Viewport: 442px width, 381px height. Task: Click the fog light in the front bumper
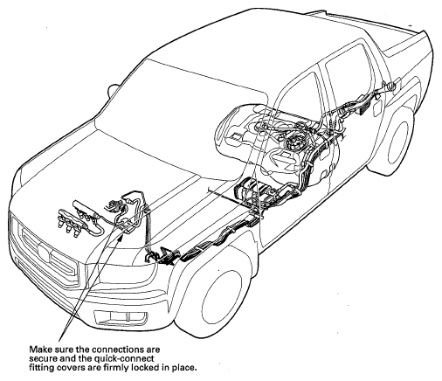tap(121, 316)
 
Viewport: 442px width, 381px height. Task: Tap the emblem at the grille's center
tap(45, 250)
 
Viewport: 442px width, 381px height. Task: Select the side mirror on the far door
tap(112, 89)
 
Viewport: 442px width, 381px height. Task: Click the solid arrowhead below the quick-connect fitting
tap(121, 237)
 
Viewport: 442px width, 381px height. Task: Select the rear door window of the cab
tap(348, 80)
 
